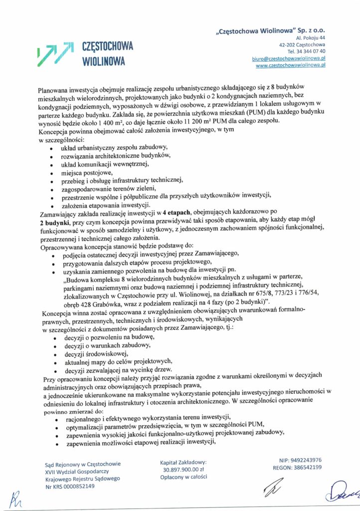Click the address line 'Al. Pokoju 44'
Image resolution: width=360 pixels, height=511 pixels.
(310, 37)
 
